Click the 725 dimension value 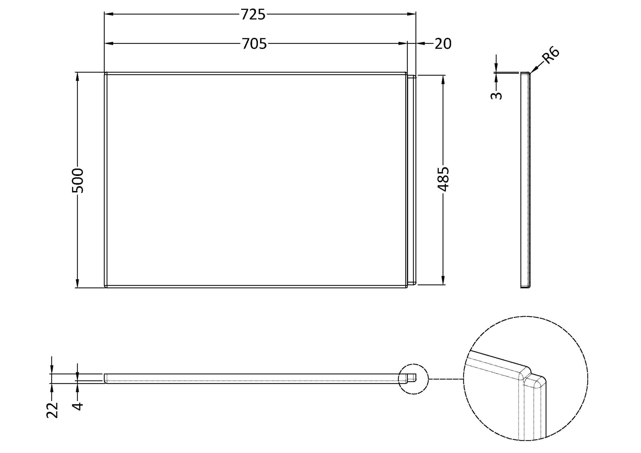pyautogui.click(x=253, y=15)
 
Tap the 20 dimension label pyautogui.click(x=443, y=44)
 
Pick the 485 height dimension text pyautogui.click(x=443, y=179)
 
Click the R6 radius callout pyautogui.click(x=551, y=56)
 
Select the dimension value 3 pyautogui.click(x=496, y=96)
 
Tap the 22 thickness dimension pyautogui.click(x=52, y=410)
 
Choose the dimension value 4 pyautogui.click(x=77, y=406)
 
